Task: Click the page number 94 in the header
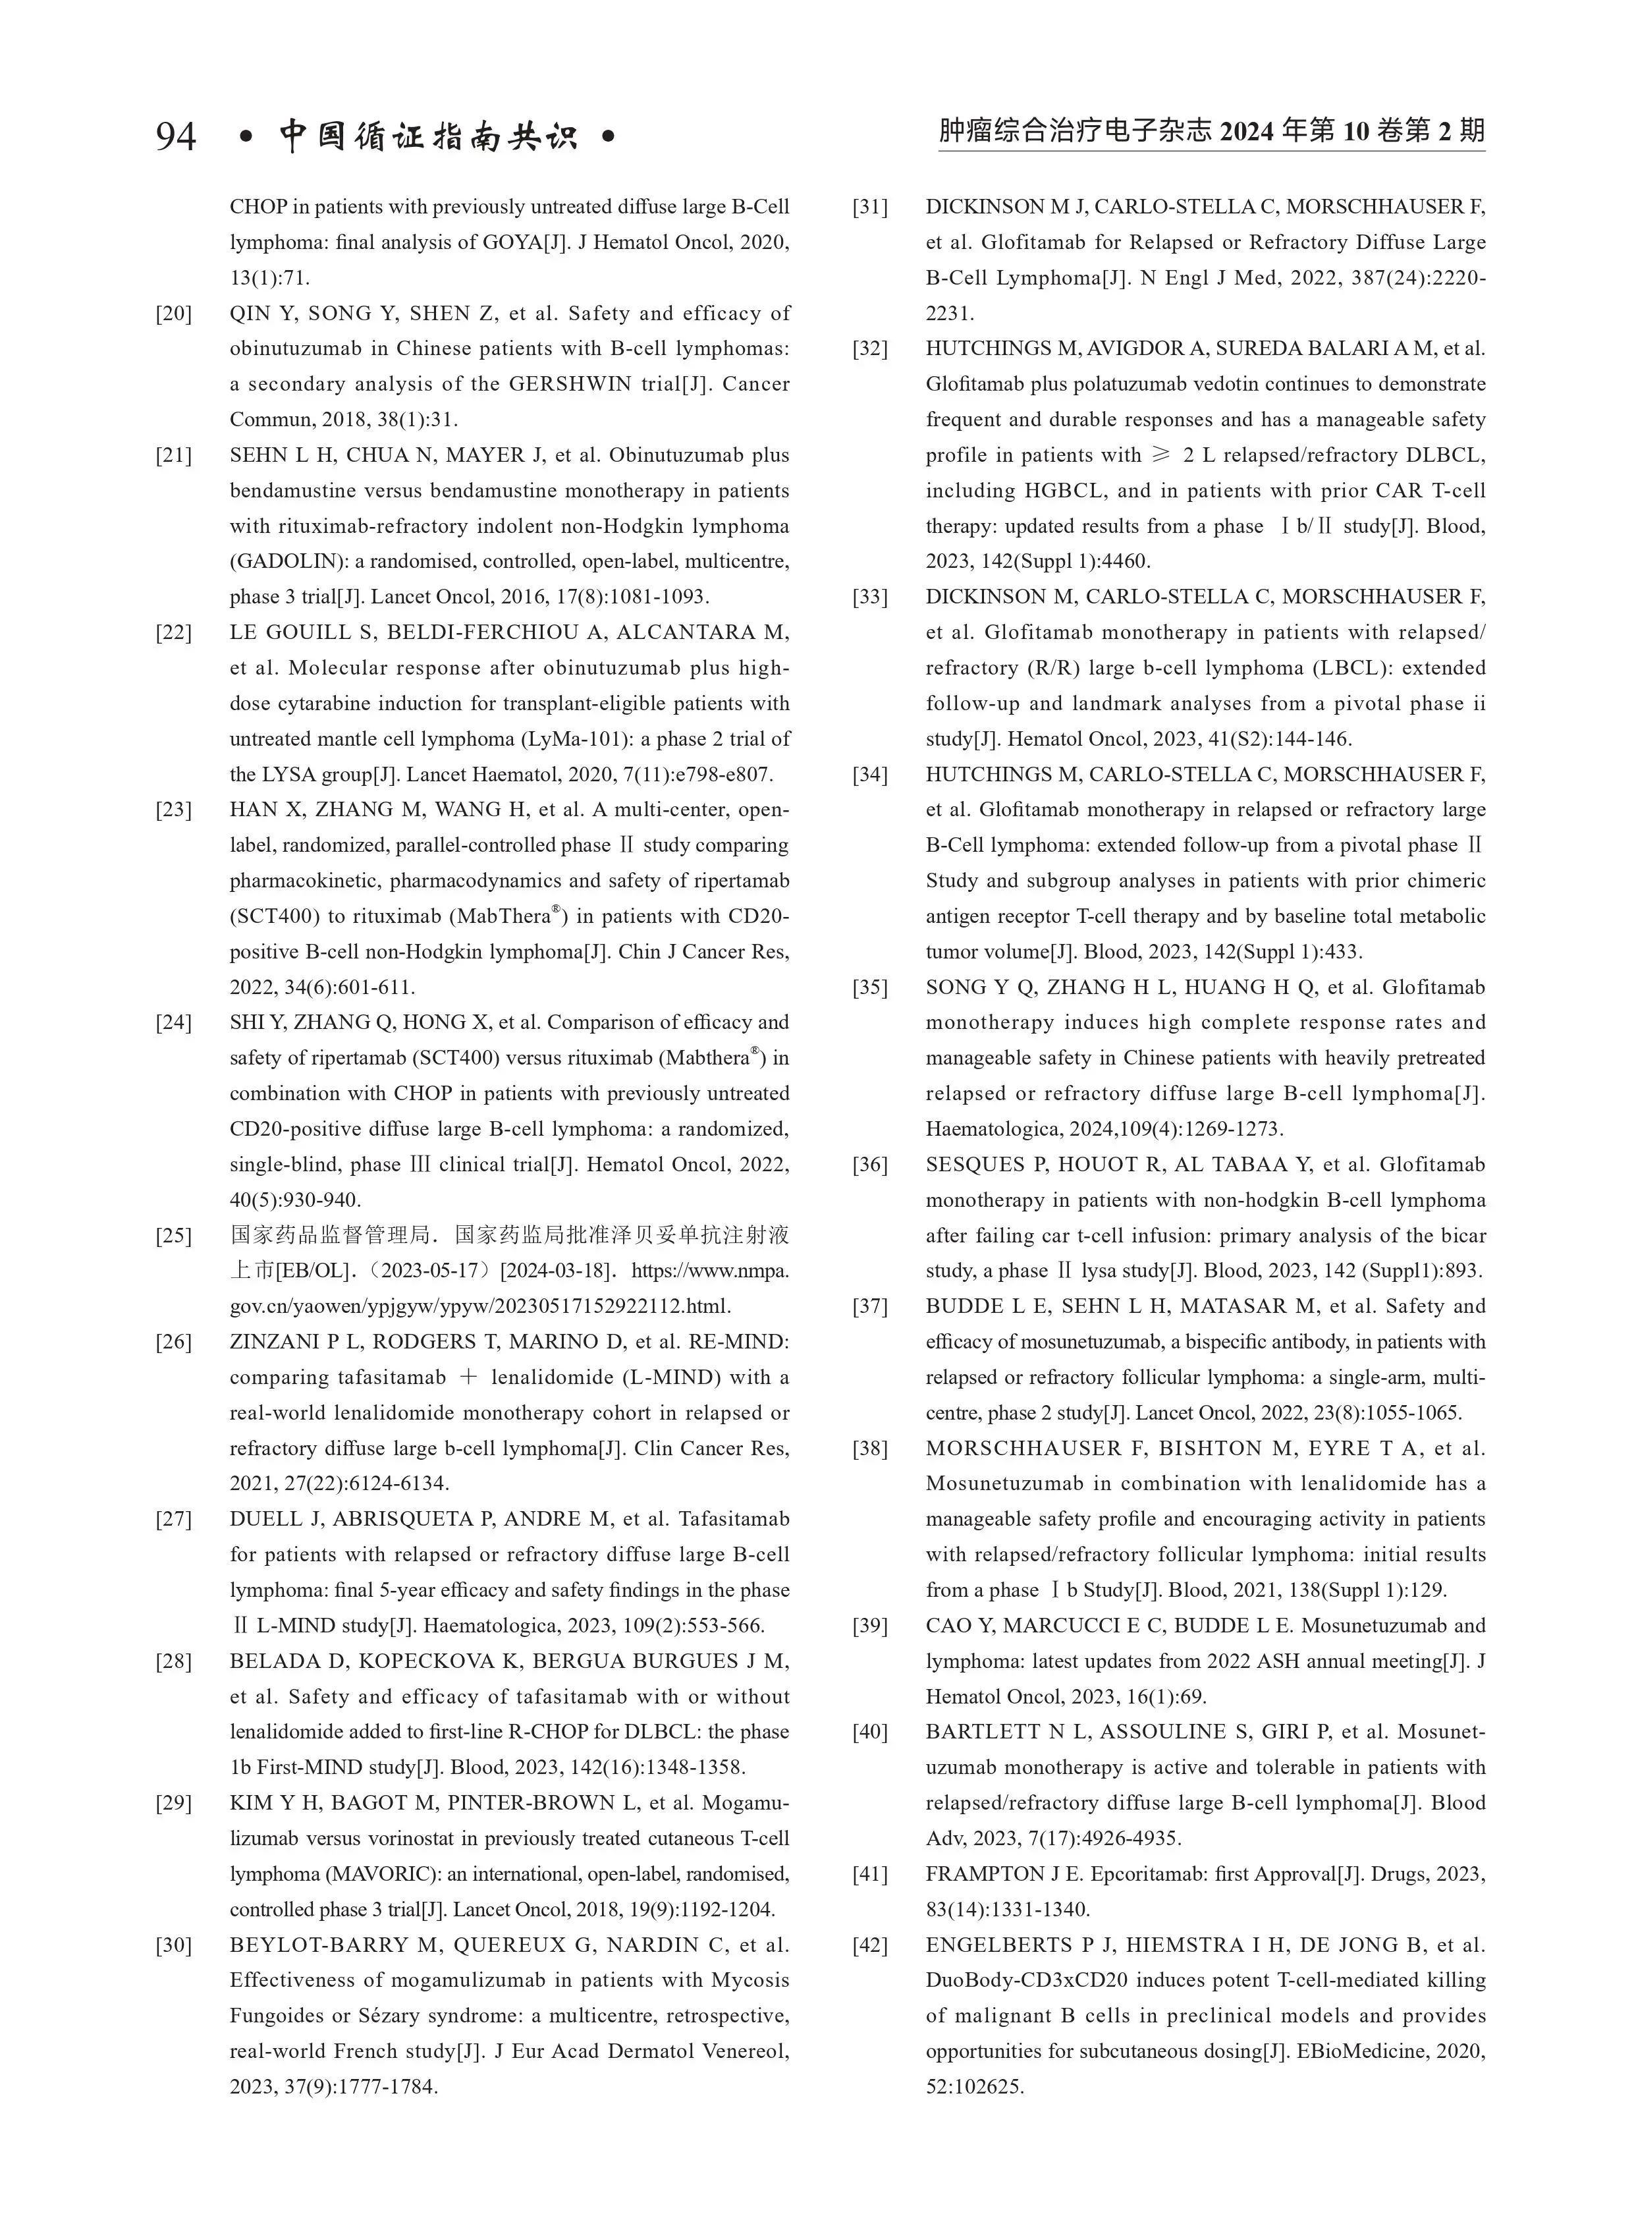tap(176, 136)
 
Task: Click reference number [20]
tap(174, 314)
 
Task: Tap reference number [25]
tap(174, 1236)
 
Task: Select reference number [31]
tap(871, 207)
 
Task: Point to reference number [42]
tap(871, 1945)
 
